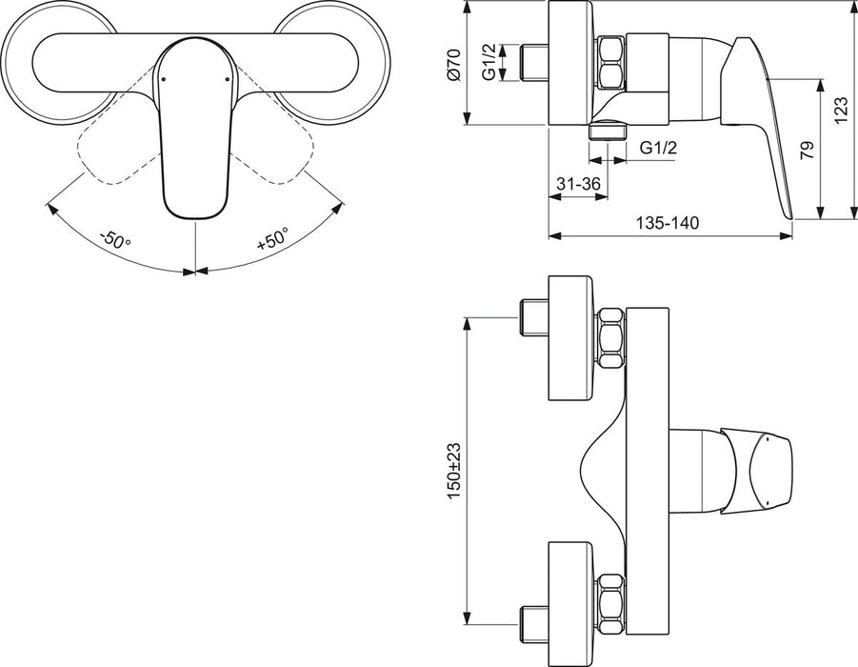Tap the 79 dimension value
(x=805, y=149)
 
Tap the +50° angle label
(x=273, y=238)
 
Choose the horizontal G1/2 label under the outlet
(x=658, y=148)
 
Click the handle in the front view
(x=196, y=133)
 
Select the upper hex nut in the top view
(x=609, y=337)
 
